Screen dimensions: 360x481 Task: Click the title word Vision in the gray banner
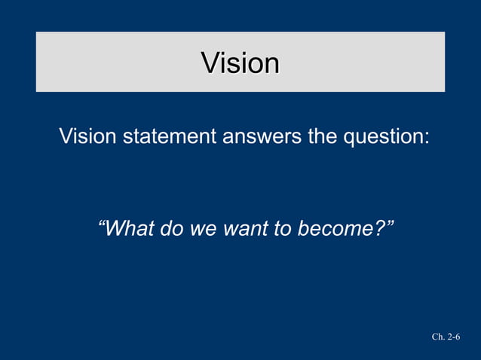[x=240, y=63]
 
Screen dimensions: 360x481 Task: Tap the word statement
[x=167, y=137]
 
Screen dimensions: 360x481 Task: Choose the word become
[x=332, y=227]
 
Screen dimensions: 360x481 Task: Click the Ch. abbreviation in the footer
[x=438, y=337]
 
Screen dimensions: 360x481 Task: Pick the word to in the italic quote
[x=282, y=227]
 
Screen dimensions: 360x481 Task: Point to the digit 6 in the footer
[x=458, y=337]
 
